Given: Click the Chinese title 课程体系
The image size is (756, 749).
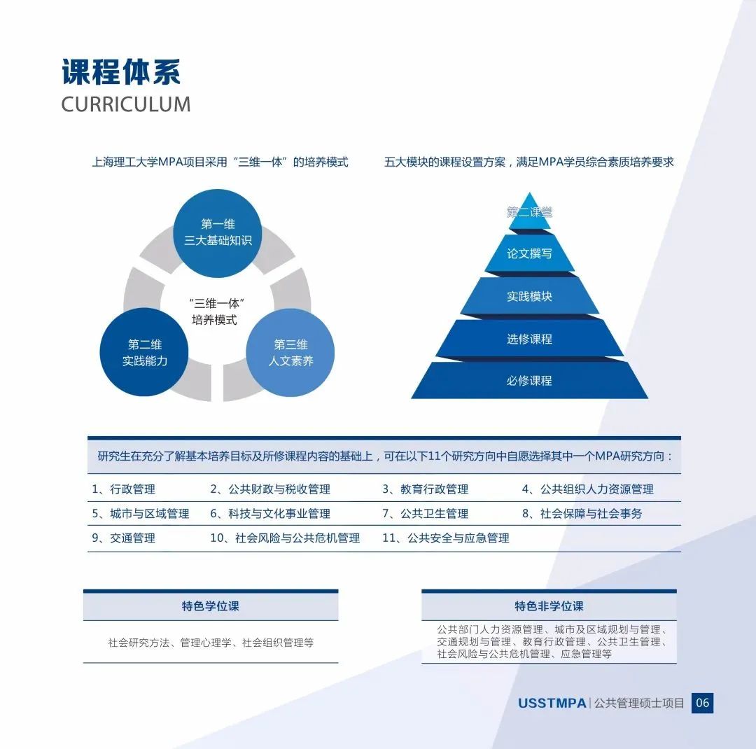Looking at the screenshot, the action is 121,72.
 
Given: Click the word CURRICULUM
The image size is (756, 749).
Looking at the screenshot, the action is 126,104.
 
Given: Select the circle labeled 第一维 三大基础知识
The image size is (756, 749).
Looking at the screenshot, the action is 218,233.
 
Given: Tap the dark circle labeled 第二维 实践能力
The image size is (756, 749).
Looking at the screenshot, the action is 144,352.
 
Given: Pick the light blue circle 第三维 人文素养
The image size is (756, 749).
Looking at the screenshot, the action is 290,353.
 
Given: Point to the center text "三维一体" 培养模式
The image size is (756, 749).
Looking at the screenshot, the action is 216,311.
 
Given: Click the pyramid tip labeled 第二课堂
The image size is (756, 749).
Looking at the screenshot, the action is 529,212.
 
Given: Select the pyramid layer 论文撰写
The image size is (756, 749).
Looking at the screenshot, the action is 529,253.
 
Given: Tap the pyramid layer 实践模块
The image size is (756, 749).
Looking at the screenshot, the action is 529,296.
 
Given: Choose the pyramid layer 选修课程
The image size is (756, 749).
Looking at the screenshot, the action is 529,339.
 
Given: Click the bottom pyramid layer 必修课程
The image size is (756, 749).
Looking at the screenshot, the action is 529,381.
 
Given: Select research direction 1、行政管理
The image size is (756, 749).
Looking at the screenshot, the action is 123,489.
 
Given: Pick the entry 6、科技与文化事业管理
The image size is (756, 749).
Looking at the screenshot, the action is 270,514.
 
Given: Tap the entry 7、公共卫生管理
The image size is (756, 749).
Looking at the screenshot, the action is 426,514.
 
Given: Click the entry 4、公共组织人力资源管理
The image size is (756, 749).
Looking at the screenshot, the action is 588,489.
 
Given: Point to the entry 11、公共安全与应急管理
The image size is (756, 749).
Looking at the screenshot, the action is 446,538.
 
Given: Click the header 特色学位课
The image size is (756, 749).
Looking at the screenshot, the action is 211,606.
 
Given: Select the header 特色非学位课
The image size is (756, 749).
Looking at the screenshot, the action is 549,606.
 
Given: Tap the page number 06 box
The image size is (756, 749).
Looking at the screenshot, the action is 703,703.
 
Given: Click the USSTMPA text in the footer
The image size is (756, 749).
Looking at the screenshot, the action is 552,703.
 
